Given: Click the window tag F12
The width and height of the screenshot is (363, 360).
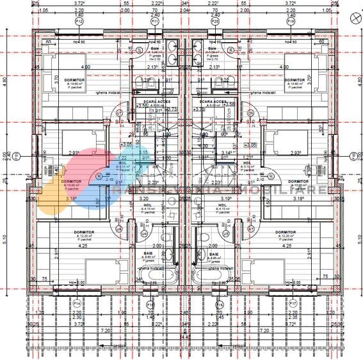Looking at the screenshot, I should [x=79, y=20].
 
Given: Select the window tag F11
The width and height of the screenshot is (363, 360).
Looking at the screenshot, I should [x=154, y=20].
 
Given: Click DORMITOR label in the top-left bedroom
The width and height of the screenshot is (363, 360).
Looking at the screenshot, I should [x=62, y=79].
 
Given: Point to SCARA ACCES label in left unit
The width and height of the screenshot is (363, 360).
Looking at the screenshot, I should [x=147, y=101].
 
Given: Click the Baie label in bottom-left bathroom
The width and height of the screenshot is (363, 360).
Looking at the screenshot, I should [x=149, y=253].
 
